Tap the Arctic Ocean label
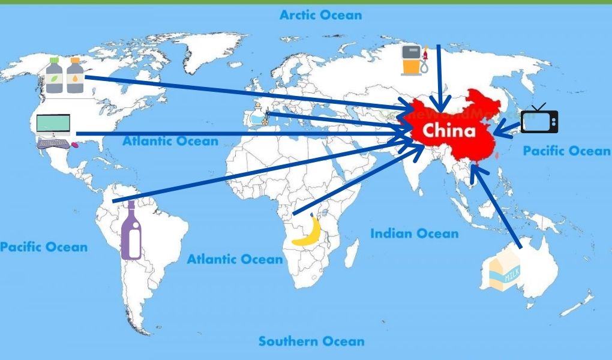coord(321,15)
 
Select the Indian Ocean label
coord(414,233)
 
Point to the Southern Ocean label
coord(311,341)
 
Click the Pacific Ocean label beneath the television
coord(566,151)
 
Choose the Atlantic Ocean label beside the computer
coord(170,142)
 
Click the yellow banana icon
coord(307,231)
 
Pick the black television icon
coord(539,119)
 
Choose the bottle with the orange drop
coord(75,76)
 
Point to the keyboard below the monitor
coord(53,143)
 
